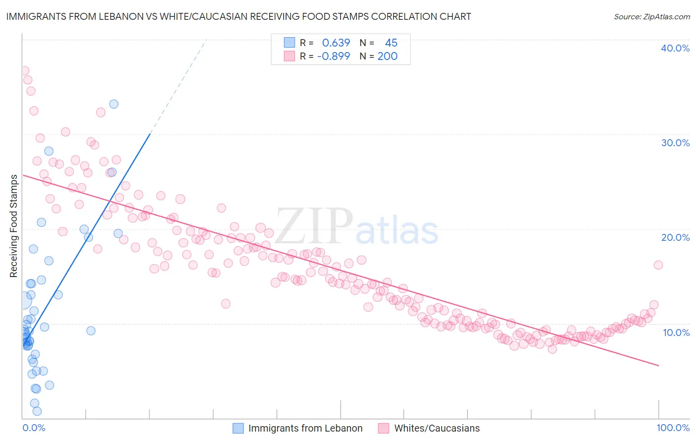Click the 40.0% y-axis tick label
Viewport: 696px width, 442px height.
[675, 48]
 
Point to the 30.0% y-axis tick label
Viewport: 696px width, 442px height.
[675, 143]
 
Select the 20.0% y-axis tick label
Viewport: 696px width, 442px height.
[675, 237]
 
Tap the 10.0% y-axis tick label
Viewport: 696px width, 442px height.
[676, 332]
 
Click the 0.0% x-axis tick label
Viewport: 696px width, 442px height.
[34, 428]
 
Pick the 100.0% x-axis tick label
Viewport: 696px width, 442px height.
[673, 428]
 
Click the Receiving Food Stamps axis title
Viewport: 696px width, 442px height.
[14, 226]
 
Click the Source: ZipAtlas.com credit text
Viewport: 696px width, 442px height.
[651, 16]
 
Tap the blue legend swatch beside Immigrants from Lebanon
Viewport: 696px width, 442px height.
[238, 428]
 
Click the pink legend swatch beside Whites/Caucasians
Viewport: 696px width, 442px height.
[384, 428]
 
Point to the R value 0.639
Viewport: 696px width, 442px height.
[336, 43]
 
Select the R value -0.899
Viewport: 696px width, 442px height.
[333, 56]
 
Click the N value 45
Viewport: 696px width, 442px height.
[391, 43]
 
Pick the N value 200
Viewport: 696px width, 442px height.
[388, 56]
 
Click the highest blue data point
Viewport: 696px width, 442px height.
[114, 104]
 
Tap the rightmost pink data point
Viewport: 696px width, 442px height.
[658, 265]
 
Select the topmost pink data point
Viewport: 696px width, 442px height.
[24, 71]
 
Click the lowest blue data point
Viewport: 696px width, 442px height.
[37, 411]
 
